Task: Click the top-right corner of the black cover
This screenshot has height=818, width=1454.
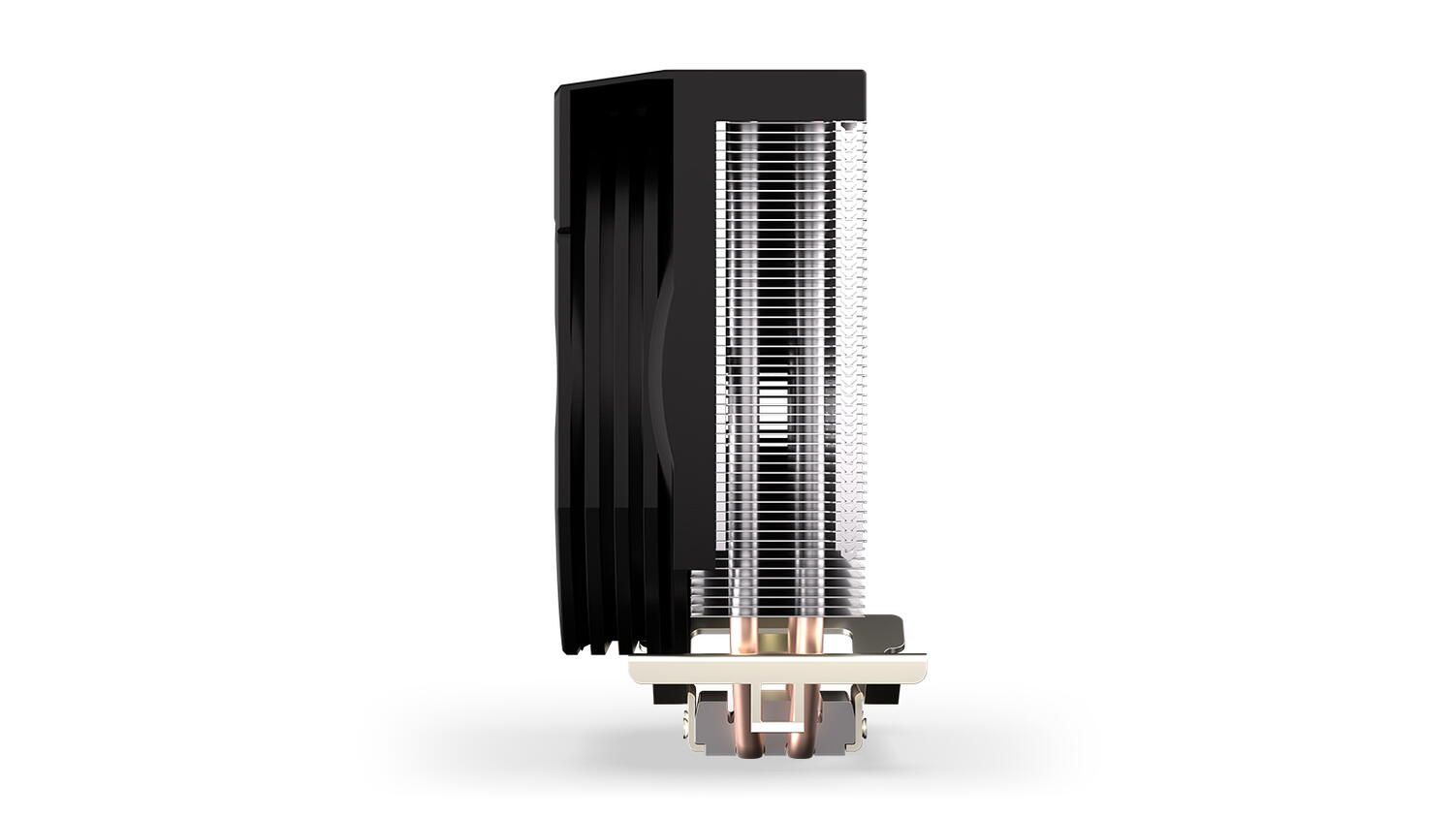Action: pyautogui.click(x=861, y=74)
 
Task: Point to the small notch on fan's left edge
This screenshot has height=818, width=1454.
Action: pyautogui.click(x=557, y=227)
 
